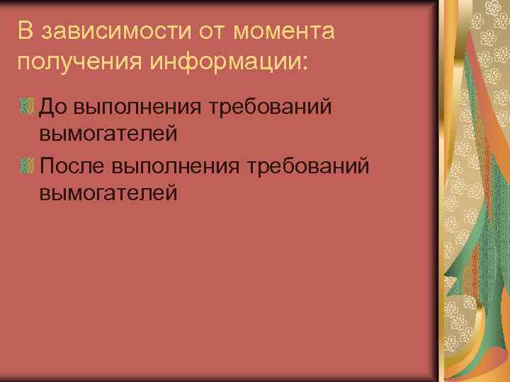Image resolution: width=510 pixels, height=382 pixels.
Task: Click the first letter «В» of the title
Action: tap(25, 31)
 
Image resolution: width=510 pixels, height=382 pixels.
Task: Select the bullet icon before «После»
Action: tap(28, 166)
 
